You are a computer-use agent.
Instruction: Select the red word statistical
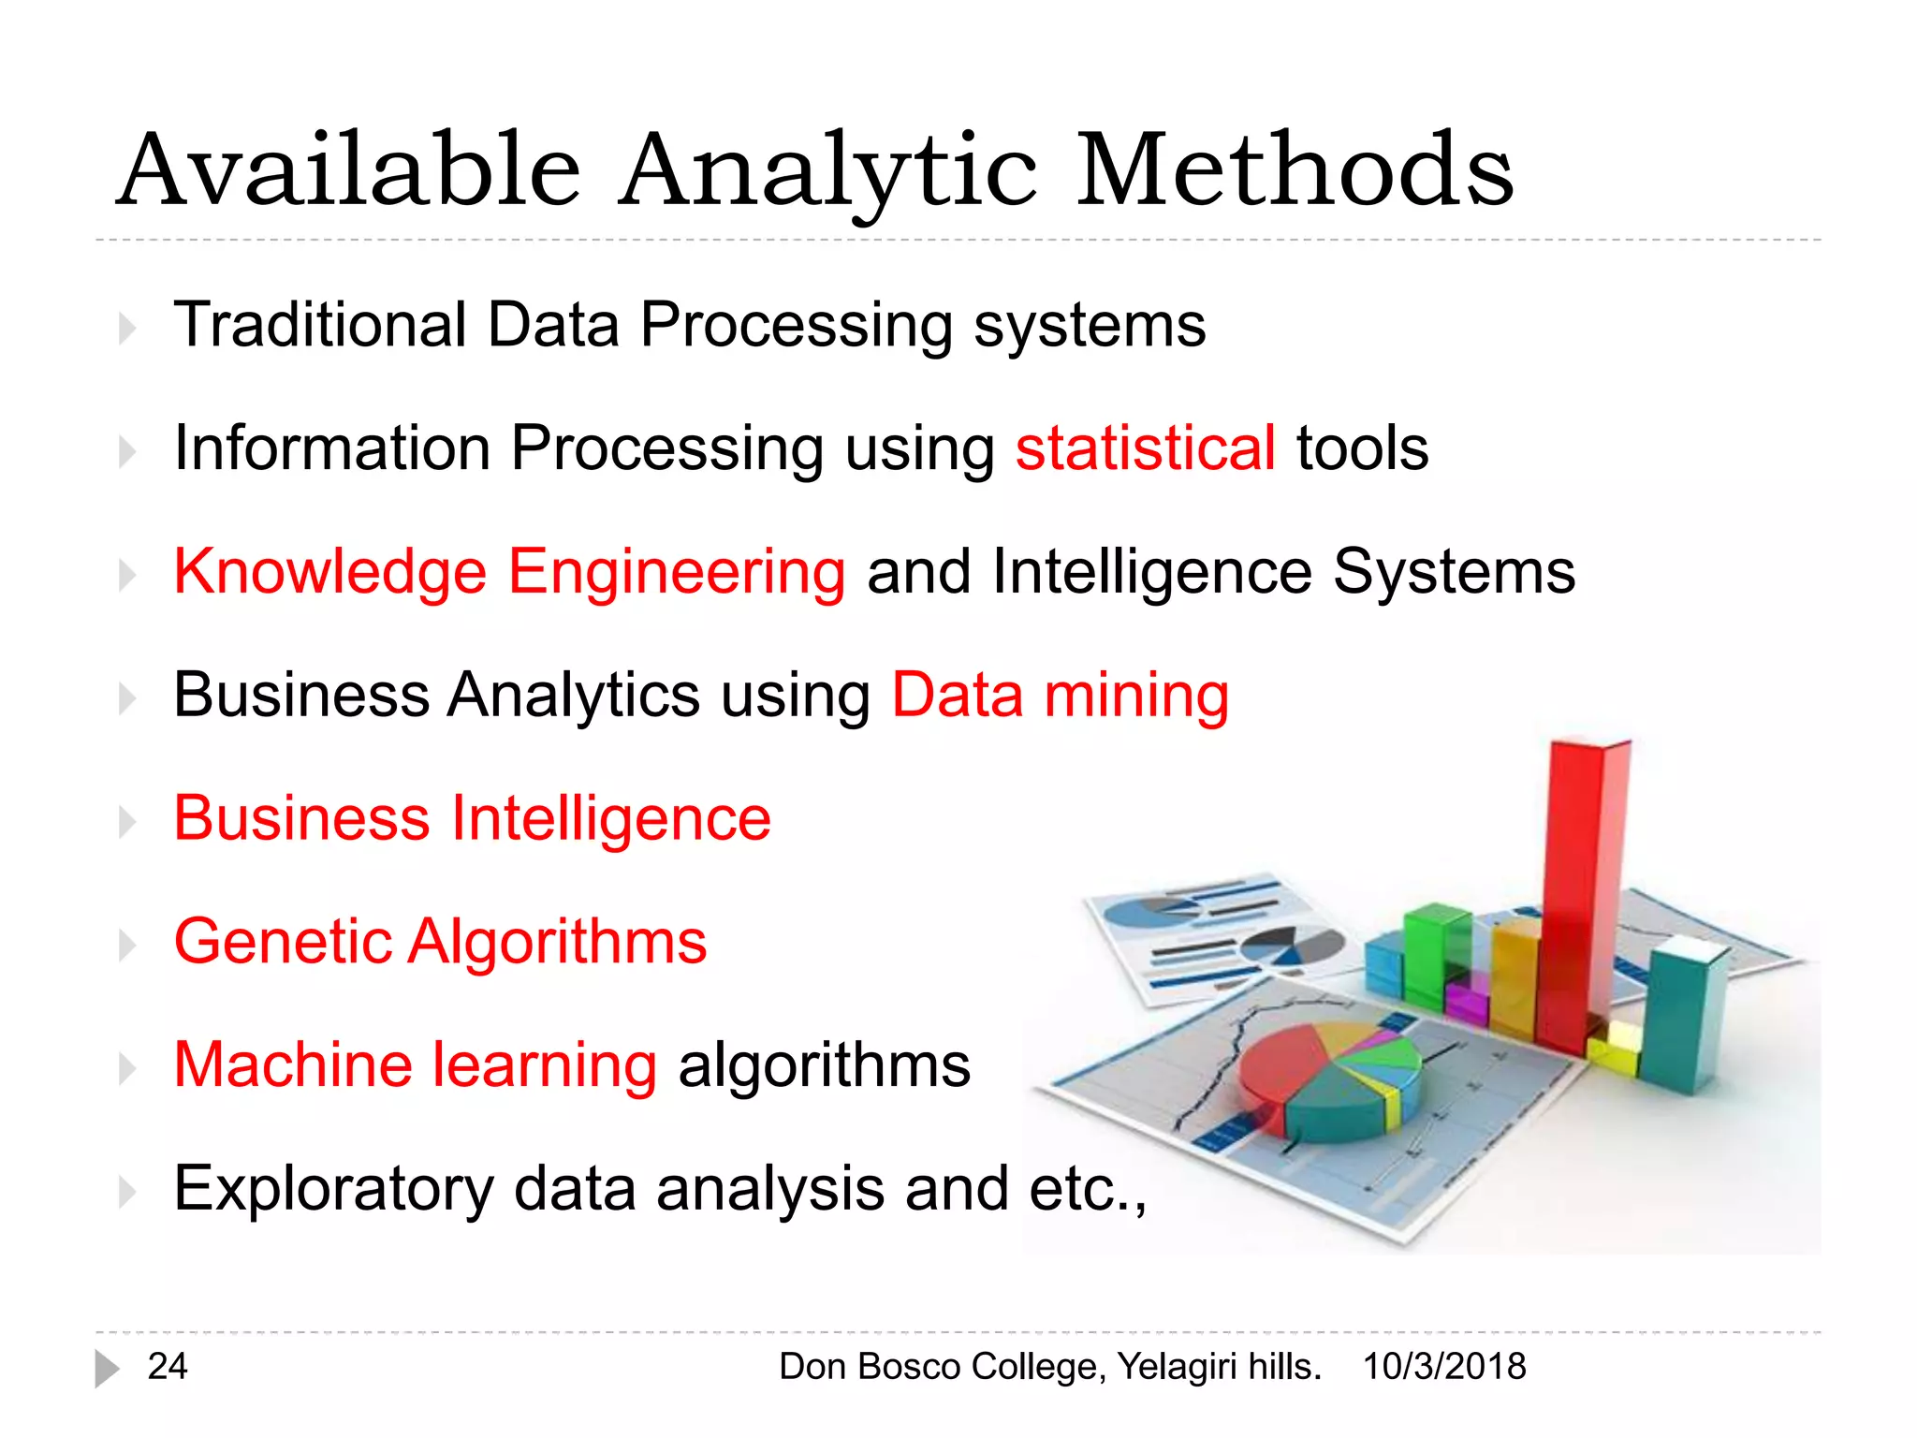[x=1145, y=448]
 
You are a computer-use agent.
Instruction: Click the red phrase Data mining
[x=1060, y=695]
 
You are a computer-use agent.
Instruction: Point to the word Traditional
[x=320, y=325]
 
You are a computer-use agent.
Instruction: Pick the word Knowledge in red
[x=329, y=572]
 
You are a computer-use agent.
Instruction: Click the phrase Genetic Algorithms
[x=440, y=941]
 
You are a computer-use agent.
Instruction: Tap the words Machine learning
[x=416, y=1064]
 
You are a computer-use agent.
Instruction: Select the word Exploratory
[x=333, y=1189]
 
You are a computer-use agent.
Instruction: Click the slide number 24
[x=168, y=1367]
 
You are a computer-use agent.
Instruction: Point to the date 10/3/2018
[x=1443, y=1367]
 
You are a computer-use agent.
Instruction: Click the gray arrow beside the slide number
[x=107, y=1369]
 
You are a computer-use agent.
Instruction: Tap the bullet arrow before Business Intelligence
[x=127, y=822]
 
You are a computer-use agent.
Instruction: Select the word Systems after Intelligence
[x=1454, y=572]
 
